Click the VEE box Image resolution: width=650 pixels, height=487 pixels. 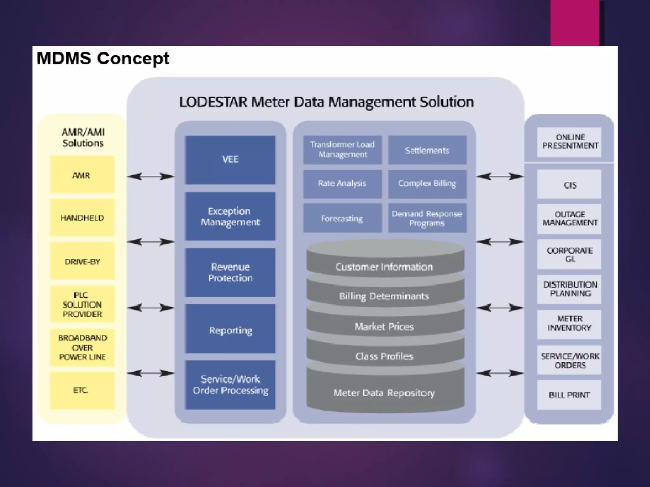pyautogui.click(x=230, y=160)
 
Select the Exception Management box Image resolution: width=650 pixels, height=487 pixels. pyautogui.click(x=230, y=216)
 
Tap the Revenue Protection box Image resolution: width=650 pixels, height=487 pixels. pyautogui.click(x=230, y=272)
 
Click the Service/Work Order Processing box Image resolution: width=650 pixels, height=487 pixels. pyautogui.click(x=230, y=385)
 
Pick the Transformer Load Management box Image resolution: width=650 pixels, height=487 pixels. pyautogui.click(x=342, y=150)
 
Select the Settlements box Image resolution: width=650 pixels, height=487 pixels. pyautogui.click(x=427, y=150)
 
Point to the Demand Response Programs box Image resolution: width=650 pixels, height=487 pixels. pyautogui.click(x=427, y=218)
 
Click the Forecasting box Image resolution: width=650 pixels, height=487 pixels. pyautogui.click(x=342, y=218)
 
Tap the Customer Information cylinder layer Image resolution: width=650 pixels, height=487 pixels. pyautogui.click(x=384, y=267)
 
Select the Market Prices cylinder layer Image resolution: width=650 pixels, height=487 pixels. pyautogui.click(x=384, y=327)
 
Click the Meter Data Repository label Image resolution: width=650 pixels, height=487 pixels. pyautogui.click(x=384, y=393)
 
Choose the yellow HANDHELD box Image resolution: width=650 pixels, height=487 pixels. pyautogui.click(x=82, y=218)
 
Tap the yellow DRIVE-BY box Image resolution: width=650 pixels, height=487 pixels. pyautogui.click(x=82, y=261)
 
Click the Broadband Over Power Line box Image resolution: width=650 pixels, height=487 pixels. pyautogui.click(x=82, y=347)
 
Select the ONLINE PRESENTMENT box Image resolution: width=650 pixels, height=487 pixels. pyautogui.click(x=569, y=141)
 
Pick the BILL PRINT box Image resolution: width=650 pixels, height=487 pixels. pyautogui.click(x=569, y=395)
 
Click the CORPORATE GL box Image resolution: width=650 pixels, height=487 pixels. pyautogui.click(x=569, y=254)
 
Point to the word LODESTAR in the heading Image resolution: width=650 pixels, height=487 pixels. pyautogui.click(x=213, y=102)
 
